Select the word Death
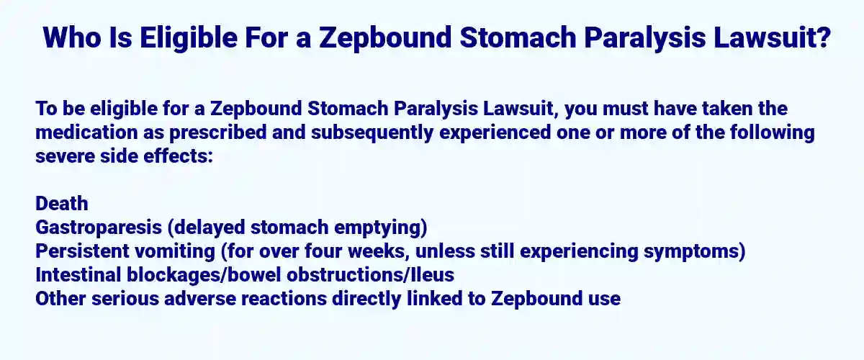(x=62, y=204)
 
